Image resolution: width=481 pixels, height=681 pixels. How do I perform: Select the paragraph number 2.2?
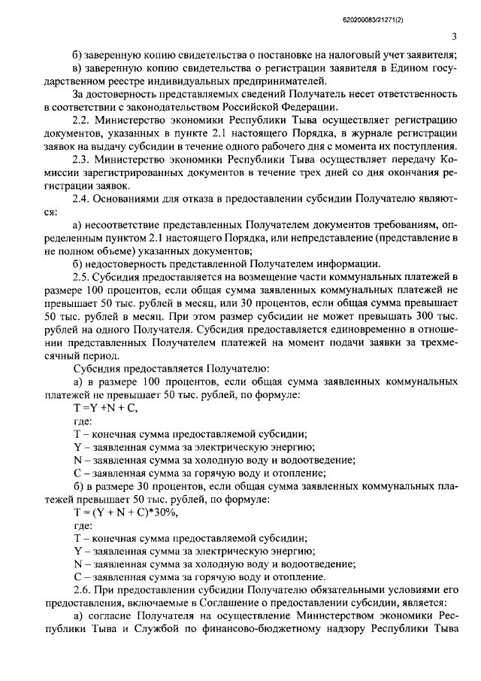(80, 119)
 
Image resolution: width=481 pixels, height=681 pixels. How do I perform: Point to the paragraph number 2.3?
(80, 159)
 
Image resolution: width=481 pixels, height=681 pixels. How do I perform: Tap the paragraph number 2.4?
(80, 198)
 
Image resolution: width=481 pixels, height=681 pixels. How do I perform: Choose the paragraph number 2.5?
(80, 277)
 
